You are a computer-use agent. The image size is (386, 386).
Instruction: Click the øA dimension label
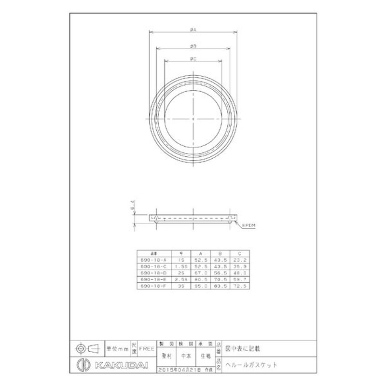tap(193, 30)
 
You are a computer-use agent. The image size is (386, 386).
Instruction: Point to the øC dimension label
tap(193, 59)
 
